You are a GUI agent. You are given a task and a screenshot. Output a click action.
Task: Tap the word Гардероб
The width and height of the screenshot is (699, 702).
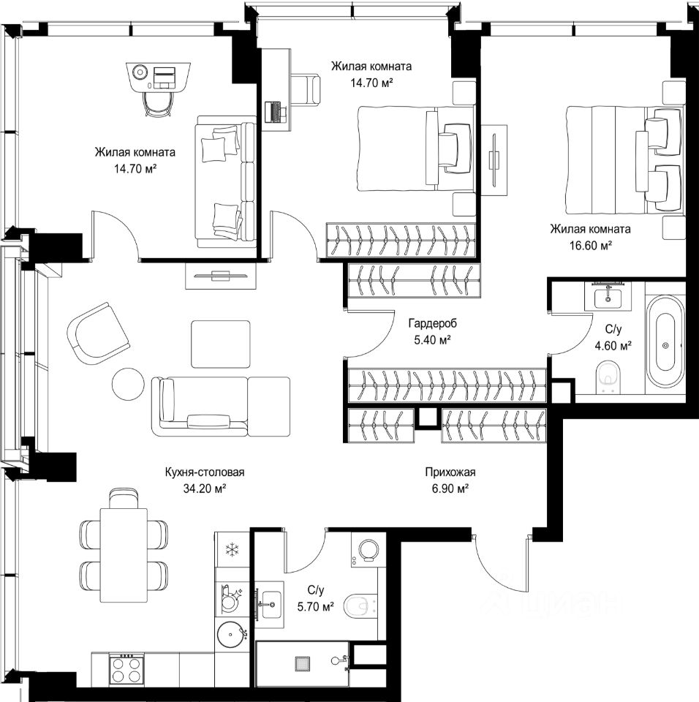(x=432, y=323)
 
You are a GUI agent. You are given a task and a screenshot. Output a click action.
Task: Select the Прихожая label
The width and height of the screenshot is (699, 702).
(x=450, y=472)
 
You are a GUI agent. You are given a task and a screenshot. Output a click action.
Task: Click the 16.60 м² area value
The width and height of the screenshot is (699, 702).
(x=591, y=246)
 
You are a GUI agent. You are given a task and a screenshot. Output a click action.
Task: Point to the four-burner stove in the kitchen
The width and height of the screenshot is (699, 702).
(x=126, y=669)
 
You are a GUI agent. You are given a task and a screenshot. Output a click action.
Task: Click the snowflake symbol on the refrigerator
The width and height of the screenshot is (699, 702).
(x=232, y=549)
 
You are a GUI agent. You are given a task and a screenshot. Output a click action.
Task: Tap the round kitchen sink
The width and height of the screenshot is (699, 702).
(x=232, y=634)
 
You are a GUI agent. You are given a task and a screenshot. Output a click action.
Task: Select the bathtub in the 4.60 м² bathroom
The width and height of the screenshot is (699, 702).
(x=665, y=341)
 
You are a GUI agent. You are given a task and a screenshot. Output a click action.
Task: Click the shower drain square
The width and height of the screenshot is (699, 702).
(x=302, y=663)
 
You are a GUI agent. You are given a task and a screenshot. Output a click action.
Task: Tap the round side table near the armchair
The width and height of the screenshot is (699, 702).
(x=128, y=384)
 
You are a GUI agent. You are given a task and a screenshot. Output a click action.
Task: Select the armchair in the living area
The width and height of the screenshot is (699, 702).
(x=99, y=330)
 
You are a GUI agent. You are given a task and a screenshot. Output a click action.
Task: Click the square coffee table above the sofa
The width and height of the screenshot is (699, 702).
(x=220, y=344)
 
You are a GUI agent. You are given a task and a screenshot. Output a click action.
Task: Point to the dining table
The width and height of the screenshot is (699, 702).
(x=124, y=555)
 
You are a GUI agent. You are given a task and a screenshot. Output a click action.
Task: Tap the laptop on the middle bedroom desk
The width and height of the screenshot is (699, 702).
(x=274, y=112)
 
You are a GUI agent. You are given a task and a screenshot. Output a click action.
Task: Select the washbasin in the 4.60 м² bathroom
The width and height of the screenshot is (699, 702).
(x=608, y=298)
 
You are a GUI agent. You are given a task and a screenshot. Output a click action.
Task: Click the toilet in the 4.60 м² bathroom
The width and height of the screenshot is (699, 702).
(x=608, y=377)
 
